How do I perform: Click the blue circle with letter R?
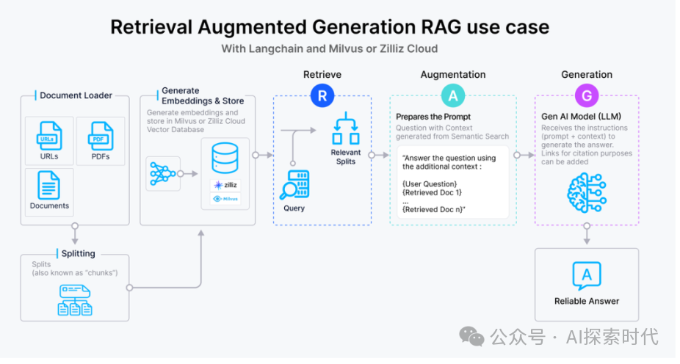coord(322,95)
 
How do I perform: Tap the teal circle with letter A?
coord(452,95)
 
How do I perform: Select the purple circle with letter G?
coord(587,95)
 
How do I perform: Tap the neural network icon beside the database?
coord(162,173)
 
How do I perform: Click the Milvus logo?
coord(225,199)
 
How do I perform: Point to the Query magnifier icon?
coord(294,189)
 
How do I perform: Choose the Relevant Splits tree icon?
coord(345,131)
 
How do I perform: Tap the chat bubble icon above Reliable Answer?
coord(587,275)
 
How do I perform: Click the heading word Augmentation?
coord(452,75)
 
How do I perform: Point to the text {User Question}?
coord(430,183)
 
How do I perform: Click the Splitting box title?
coord(77,254)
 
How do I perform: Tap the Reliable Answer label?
coord(587,301)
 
